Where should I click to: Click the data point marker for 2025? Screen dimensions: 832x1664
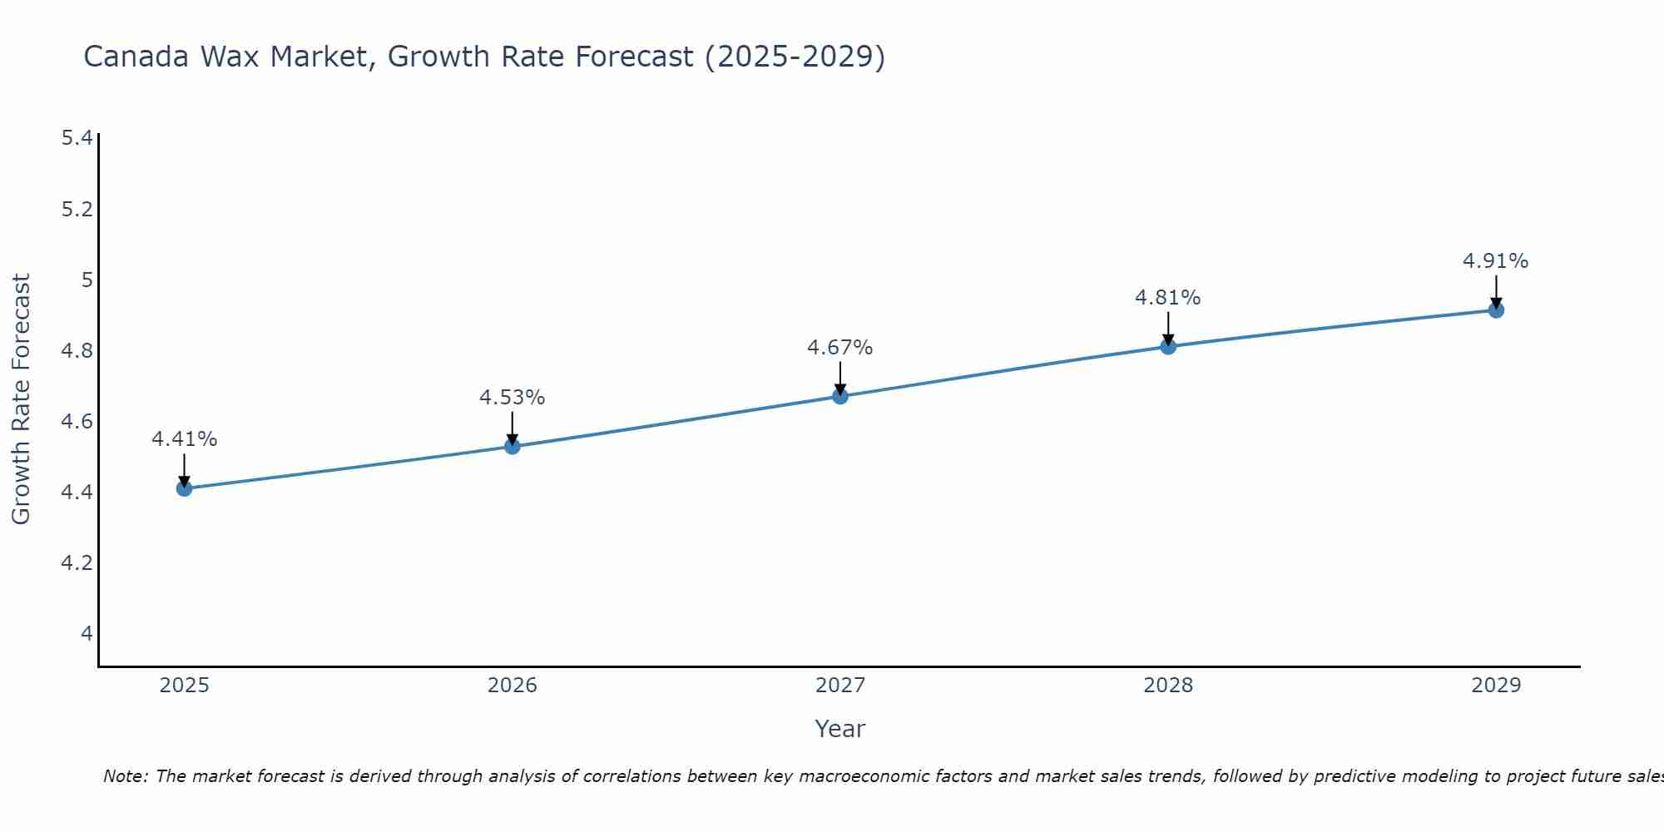(x=185, y=488)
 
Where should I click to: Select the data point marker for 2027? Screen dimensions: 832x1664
(x=840, y=396)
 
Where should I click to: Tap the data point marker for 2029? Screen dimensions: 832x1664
(x=1496, y=310)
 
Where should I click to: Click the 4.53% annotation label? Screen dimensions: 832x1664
(x=512, y=398)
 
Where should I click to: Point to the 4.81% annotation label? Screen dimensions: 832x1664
(x=1167, y=298)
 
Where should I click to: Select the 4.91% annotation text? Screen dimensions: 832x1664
(x=1495, y=261)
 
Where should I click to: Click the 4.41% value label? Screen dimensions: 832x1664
(x=185, y=439)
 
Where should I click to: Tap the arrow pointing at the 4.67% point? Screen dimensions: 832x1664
(x=840, y=378)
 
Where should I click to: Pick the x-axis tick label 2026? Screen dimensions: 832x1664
(x=512, y=686)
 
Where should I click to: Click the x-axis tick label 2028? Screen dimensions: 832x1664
(x=1167, y=686)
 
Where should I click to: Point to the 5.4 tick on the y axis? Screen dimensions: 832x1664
(x=77, y=138)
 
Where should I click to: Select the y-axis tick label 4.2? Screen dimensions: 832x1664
(x=77, y=563)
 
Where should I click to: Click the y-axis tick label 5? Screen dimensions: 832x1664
(x=87, y=280)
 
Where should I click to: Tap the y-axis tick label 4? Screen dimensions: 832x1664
(x=87, y=634)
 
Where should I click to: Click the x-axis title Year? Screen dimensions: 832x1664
(x=839, y=729)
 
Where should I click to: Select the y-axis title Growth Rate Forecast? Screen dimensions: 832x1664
(x=21, y=399)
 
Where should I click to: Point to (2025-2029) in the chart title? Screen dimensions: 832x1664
(x=795, y=57)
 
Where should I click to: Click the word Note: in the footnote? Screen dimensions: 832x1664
(x=126, y=776)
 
